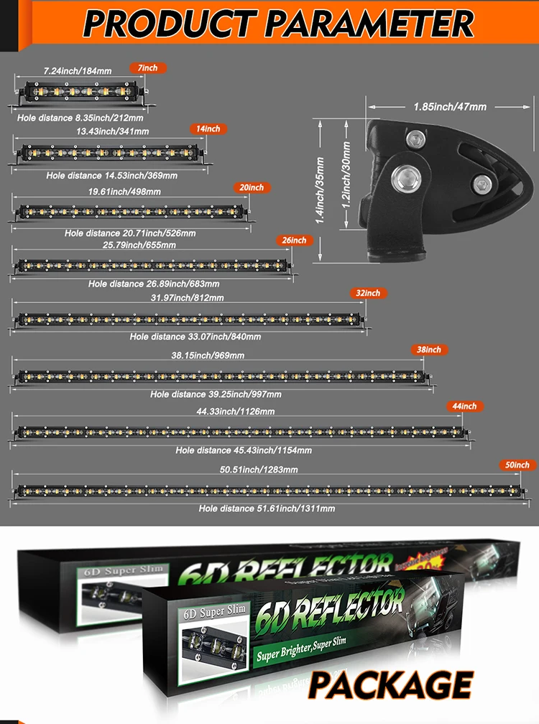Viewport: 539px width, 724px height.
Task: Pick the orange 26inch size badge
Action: pyautogui.click(x=295, y=240)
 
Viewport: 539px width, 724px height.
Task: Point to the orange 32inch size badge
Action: pyautogui.click(x=369, y=293)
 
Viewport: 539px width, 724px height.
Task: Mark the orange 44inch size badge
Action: pyautogui.click(x=464, y=407)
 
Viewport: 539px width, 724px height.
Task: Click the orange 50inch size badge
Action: pyautogui.click(x=517, y=465)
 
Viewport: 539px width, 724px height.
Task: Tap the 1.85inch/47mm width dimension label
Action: pyautogui.click(x=450, y=107)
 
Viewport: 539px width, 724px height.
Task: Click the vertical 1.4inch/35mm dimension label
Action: pyautogui.click(x=321, y=190)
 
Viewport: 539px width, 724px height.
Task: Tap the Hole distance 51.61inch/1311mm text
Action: pyautogui.click(x=267, y=509)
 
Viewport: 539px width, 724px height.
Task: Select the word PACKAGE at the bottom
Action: pyautogui.click(x=391, y=684)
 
